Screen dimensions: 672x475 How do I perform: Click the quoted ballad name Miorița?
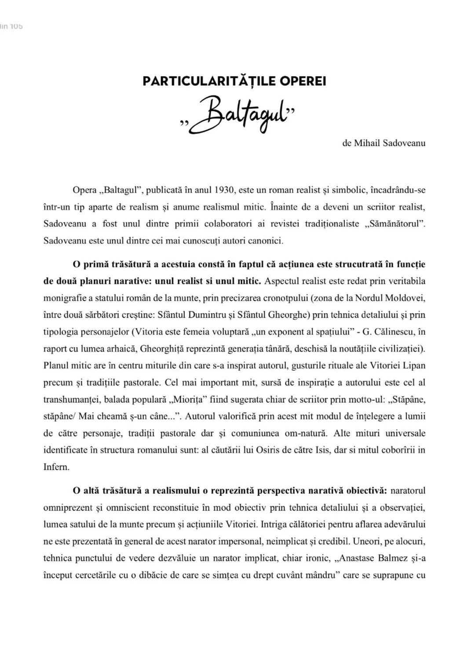pyautogui.click(x=190, y=400)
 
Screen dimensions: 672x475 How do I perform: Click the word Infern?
pyautogui.click(x=56, y=467)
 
